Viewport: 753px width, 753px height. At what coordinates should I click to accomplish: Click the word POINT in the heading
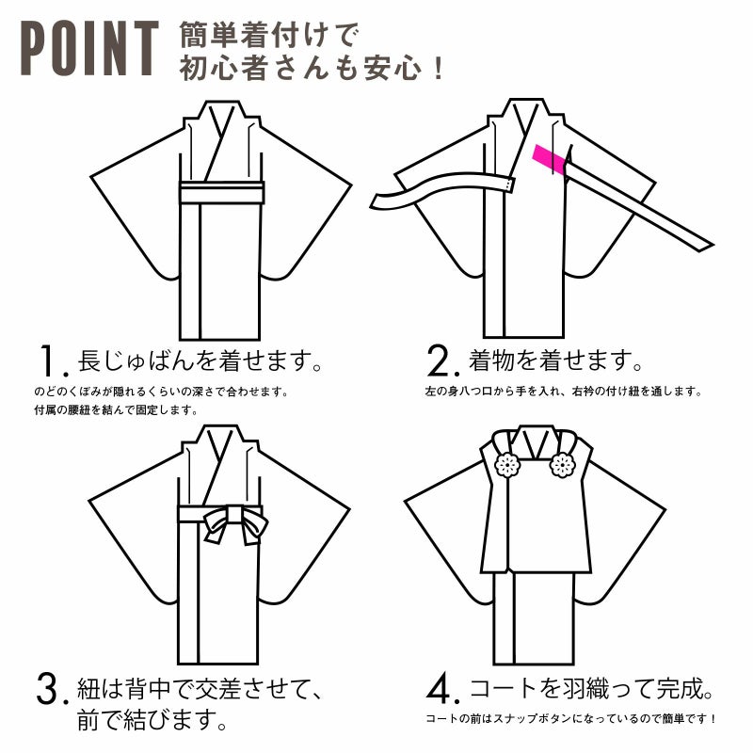(x=89, y=48)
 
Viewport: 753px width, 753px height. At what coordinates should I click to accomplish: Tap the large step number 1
(x=50, y=361)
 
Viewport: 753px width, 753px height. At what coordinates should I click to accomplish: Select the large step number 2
(x=438, y=361)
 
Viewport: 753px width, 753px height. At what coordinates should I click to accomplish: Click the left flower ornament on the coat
(x=507, y=464)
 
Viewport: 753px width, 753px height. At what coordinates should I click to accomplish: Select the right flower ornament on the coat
(x=562, y=464)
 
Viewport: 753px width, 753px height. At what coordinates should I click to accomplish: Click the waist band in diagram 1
(x=221, y=192)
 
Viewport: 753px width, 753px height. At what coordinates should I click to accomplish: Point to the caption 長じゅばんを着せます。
(x=200, y=360)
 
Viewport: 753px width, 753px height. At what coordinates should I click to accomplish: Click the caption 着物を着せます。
(x=555, y=360)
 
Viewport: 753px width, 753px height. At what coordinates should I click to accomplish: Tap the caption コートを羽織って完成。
(x=590, y=689)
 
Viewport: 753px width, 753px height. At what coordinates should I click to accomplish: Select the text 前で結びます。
(x=152, y=720)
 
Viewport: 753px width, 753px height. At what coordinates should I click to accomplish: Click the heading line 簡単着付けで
(x=269, y=35)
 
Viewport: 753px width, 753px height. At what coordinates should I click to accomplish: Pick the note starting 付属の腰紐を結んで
(x=116, y=410)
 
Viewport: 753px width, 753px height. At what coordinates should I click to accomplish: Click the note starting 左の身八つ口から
(x=563, y=392)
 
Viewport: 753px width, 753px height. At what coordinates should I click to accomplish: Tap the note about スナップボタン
(x=571, y=719)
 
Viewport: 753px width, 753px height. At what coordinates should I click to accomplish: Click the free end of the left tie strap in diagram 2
(x=376, y=201)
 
